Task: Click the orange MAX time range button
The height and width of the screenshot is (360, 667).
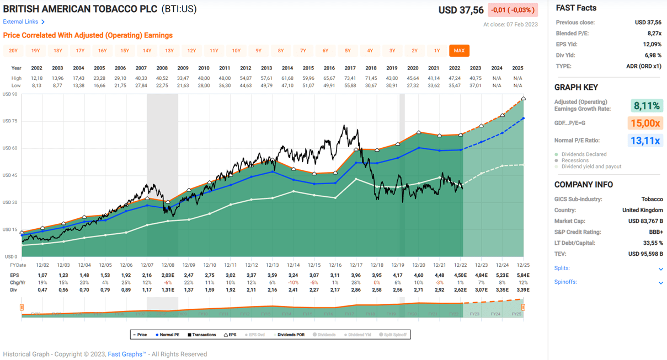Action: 459,51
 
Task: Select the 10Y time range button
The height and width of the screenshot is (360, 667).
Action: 236,51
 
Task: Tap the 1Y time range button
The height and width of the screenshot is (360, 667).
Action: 436,51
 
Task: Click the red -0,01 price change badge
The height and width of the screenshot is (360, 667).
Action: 513,10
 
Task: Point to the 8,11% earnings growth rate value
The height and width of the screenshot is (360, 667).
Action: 646,106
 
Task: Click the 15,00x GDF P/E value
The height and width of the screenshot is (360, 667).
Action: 645,123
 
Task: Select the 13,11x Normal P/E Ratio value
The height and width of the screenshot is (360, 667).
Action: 645,141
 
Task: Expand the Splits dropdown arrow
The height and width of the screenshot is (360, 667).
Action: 660,269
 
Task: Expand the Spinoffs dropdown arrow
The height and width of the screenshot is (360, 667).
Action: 660,283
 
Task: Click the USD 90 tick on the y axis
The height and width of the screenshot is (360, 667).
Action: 10,94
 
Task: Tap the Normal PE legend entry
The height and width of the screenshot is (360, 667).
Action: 168,335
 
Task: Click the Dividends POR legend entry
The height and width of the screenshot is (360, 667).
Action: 290,335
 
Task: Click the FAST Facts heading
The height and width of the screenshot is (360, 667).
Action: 576,8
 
